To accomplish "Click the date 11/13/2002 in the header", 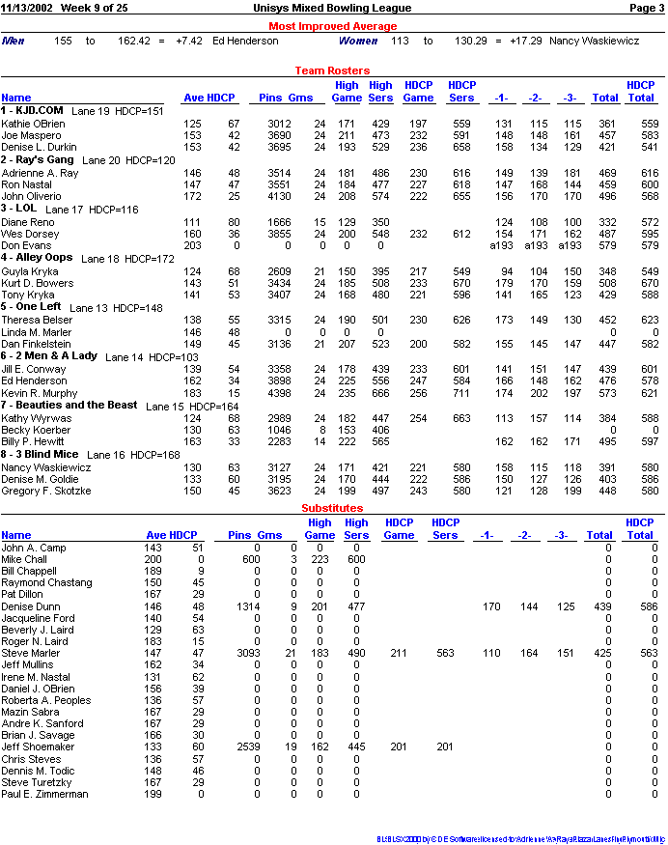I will click(27, 8).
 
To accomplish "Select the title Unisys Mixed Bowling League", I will click(332, 8).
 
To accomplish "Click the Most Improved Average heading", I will click(332, 26).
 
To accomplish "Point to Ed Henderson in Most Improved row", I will click(245, 42).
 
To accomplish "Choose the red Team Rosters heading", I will click(332, 70).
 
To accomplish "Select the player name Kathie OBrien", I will click(33, 124).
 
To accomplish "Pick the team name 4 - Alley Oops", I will click(37, 258).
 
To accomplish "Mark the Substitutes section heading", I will click(332, 508).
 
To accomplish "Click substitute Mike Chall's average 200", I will click(153, 560).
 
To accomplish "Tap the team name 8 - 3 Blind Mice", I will click(40, 454).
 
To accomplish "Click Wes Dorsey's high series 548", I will click(379, 234).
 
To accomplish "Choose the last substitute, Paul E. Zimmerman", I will click(44, 794).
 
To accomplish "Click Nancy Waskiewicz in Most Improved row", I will click(594, 42).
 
